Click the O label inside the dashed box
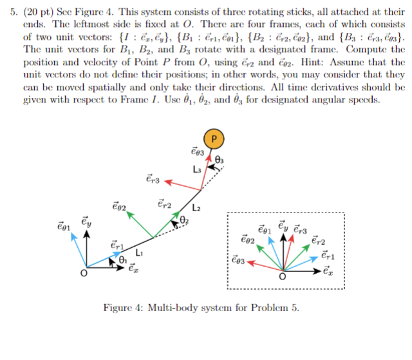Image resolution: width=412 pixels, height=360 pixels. coord(282,278)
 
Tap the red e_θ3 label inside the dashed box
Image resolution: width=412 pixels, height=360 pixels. coord(238,261)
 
